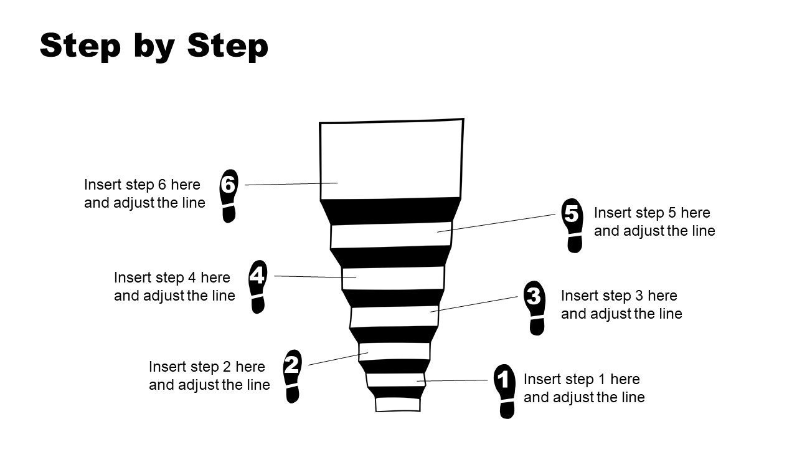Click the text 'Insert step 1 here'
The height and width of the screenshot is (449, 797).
click(582, 379)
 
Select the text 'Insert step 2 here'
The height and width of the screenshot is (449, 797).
click(207, 367)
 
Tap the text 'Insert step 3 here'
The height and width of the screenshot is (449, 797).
click(619, 296)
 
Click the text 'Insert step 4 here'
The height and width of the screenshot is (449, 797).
click(172, 278)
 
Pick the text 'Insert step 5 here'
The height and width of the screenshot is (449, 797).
click(652, 213)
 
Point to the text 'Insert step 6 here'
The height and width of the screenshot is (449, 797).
click(143, 185)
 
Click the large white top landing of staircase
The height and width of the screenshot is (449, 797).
click(391, 159)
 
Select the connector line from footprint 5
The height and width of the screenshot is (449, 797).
click(498, 223)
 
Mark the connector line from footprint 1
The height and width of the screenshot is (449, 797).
click(455, 380)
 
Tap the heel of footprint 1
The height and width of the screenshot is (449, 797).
click(507, 410)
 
